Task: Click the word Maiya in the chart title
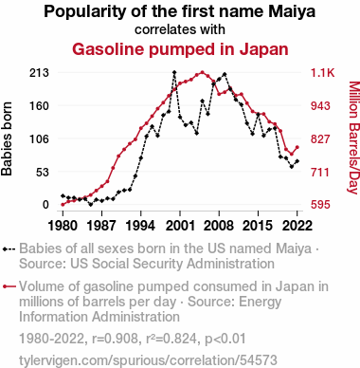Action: (292, 11)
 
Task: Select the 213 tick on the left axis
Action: (40, 73)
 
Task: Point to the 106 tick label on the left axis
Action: (40, 138)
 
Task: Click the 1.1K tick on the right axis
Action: (322, 73)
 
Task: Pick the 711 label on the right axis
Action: (320, 173)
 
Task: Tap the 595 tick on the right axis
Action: (320, 205)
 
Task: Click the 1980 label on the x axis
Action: (63, 226)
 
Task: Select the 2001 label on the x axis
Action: (180, 226)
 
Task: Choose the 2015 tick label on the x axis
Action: (258, 226)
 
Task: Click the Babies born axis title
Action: (7, 138)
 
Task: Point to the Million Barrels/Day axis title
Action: (354, 138)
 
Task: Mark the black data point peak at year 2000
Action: (174, 72)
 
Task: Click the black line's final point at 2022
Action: (297, 161)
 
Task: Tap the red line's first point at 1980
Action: (63, 205)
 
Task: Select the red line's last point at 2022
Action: (297, 147)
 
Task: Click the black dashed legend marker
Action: (9, 249)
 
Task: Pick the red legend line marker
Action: (9, 286)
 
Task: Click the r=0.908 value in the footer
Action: (115, 339)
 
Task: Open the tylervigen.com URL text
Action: (148, 360)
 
